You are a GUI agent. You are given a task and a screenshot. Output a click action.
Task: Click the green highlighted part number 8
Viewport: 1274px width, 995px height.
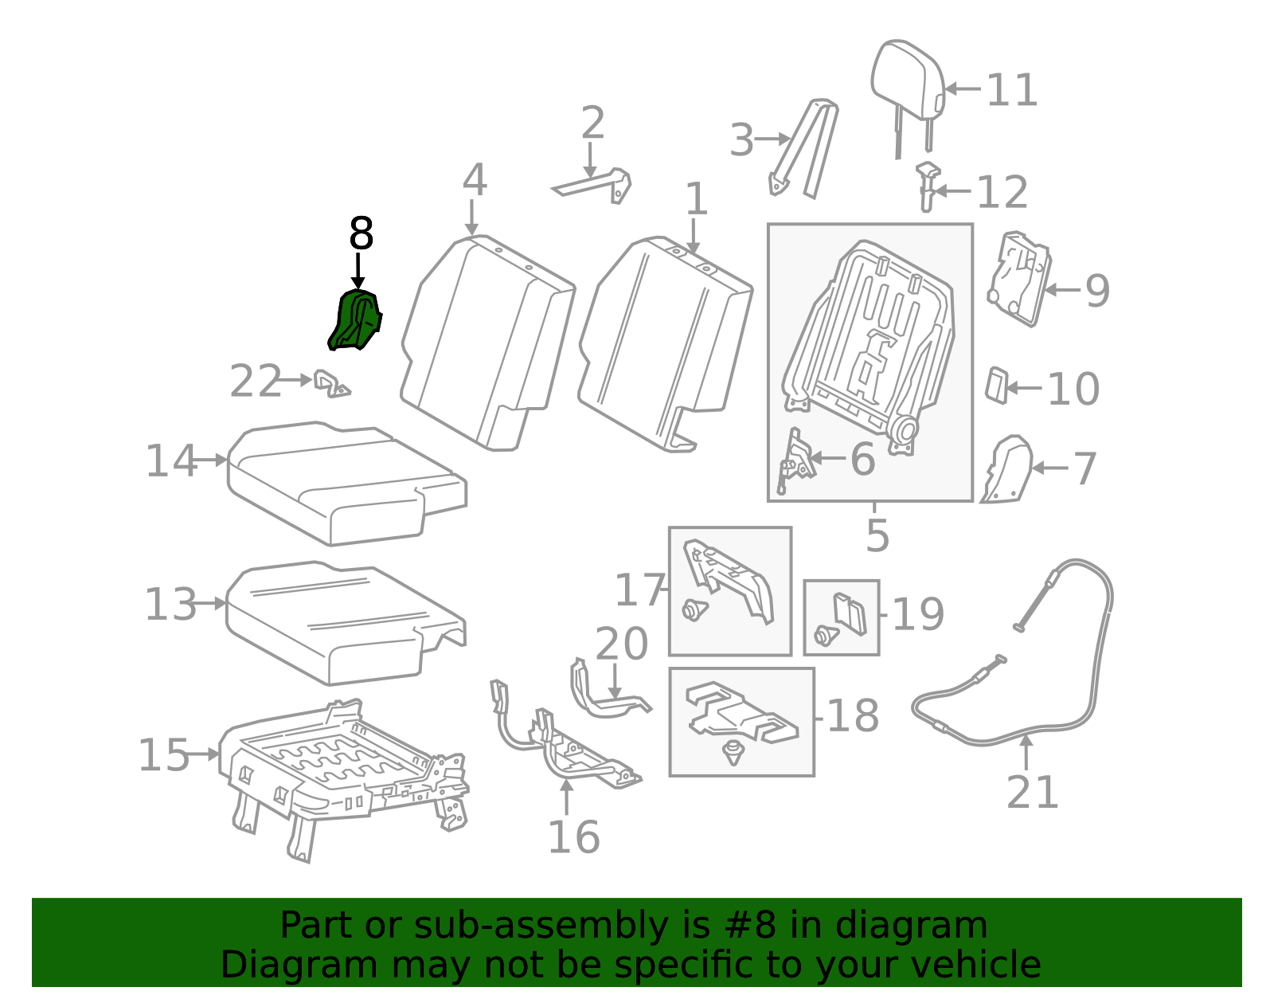[355, 320]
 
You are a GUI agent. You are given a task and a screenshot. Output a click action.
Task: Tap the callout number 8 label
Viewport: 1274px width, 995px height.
[361, 233]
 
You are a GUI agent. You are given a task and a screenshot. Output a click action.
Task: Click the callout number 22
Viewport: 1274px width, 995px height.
[256, 381]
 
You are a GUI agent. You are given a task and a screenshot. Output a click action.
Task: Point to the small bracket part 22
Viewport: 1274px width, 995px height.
[331, 384]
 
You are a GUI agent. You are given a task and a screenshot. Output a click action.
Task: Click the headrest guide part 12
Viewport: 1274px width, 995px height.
[928, 186]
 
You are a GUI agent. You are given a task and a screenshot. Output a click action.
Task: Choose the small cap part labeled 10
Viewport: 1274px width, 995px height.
[997, 386]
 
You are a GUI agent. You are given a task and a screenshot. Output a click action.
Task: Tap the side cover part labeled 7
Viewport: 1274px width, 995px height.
[1007, 469]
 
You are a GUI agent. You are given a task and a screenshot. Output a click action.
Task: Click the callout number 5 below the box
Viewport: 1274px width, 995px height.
[877, 535]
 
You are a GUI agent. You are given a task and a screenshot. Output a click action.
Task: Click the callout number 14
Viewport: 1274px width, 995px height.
[170, 460]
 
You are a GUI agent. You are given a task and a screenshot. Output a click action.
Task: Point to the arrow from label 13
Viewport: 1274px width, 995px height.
[210, 603]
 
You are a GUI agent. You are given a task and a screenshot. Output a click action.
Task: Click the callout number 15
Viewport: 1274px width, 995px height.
[163, 754]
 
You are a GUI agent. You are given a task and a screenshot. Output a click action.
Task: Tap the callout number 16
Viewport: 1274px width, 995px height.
[573, 837]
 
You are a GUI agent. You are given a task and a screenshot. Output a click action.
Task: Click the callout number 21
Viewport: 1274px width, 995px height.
[1032, 792]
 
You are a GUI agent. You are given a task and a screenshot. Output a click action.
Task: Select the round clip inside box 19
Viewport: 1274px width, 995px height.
[826, 635]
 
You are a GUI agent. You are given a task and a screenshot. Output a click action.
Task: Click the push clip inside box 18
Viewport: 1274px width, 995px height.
[733, 752]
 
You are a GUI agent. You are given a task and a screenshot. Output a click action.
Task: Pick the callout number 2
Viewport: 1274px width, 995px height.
[592, 123]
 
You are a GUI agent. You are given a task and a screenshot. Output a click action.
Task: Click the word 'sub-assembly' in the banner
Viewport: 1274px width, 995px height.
[541, 926]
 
